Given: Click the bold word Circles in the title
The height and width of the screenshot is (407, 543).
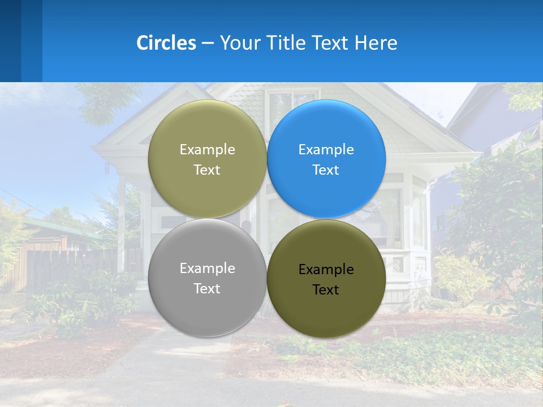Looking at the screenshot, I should pos(166,43).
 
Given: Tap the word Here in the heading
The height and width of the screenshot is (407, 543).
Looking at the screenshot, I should pos(376,43).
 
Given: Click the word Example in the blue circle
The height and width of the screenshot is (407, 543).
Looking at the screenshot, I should pos(326,150).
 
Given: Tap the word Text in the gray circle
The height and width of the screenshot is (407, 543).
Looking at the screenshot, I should pos(207,289).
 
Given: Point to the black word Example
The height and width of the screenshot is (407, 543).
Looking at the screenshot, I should pos(326,270).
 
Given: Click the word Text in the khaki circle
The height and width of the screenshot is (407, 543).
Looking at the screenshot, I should pos(207,170).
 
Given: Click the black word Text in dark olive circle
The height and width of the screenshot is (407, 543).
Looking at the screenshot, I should pos(326,290).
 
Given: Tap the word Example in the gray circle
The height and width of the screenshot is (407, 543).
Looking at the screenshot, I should pos(207,269).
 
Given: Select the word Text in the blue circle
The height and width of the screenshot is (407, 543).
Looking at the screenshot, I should pos(326,170).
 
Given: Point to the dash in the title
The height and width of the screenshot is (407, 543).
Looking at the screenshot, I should pos(208,43).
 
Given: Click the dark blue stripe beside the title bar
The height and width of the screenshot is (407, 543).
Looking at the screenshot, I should pos(10,41).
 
